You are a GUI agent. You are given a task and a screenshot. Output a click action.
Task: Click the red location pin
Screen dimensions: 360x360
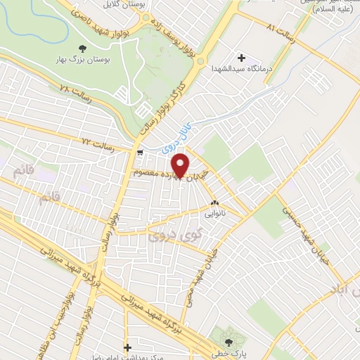(182, 165)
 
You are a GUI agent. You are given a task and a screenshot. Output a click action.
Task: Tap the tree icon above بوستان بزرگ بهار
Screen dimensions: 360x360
(83, 49)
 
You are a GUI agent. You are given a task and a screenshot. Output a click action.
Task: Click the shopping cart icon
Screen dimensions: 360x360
(141, 151)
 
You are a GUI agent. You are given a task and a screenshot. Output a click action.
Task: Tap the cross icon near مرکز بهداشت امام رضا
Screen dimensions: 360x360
(127, 347)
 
